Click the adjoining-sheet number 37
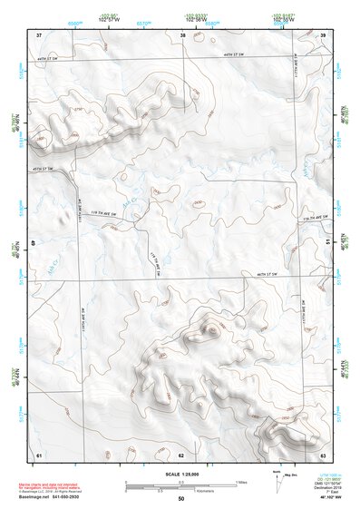pyautogui.click(x=39, y=34)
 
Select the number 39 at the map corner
pyautogui.click(x=324, y=34)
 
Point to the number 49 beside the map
pyautogui.click(x=34, y=242)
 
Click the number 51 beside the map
pyautogui.click(x=327, y=242)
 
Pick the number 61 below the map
pyautogui.click(x=39, y=454)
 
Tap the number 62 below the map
pyautogui.click(x=181, y=454)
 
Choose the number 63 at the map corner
pyautogui.click(x=323, y=454)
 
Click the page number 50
pyautogui.click(x=181, y=499)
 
